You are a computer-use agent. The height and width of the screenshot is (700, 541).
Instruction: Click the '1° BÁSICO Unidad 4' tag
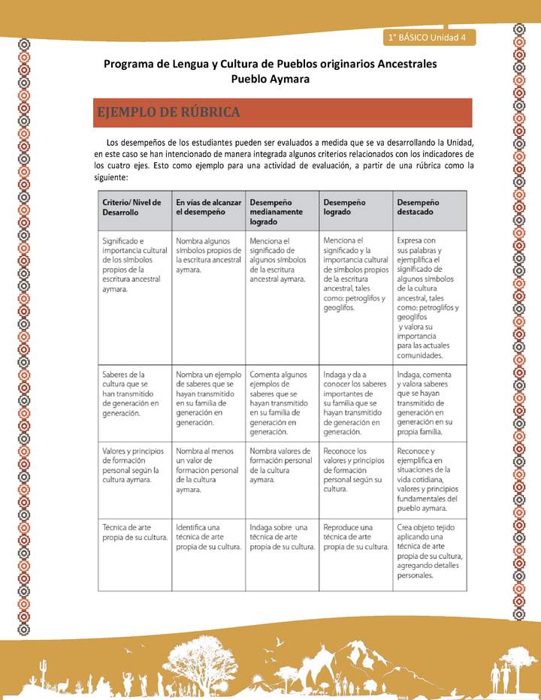[428, 37]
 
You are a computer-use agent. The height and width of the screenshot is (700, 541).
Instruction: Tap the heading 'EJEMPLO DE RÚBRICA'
[168, 113]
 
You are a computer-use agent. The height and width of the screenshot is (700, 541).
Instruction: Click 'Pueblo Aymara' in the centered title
[270, 79]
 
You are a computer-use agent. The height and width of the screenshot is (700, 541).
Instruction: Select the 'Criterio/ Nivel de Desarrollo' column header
[132, 207]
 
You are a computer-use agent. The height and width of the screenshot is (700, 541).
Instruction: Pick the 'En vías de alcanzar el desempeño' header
[208, 207]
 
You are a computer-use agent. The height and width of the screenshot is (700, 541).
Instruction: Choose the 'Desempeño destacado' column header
[419, 207]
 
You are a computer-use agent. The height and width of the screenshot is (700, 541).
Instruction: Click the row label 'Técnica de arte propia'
[134, 532]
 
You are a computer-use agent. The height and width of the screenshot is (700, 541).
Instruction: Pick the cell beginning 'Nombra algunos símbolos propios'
[208, 255]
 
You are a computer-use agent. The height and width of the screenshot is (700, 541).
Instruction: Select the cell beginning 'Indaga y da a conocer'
[355, 402]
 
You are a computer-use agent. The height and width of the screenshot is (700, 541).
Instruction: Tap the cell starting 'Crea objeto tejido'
[429, 551]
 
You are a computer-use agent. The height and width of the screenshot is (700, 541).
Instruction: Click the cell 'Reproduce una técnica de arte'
[355, 536]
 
